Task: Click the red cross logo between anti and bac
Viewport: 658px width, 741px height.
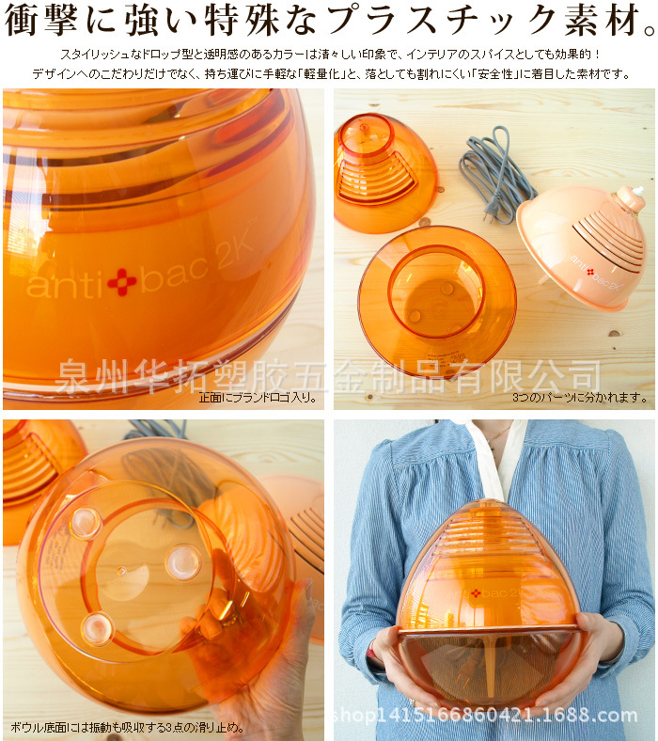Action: coord(121,281)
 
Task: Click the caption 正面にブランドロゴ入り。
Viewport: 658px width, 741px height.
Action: coord(256,398)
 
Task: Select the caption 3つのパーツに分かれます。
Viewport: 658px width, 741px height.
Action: coord(579,398)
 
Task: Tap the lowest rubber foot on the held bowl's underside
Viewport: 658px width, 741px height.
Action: coord(98,627)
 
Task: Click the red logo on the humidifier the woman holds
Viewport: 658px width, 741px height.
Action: coord(476,592)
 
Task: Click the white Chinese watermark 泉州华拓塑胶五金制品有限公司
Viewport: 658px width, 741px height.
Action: coord(329,376)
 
